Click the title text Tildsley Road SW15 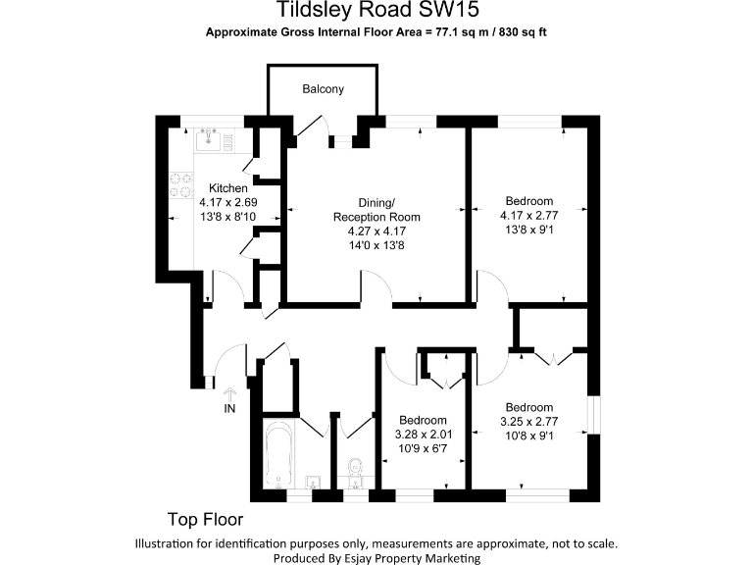[x=377, y=11]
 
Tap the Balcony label [x=323, y=89]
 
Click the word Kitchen [x=227, y=188]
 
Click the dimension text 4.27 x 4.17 [x=376, y=231]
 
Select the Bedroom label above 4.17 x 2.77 [x=528, y=201]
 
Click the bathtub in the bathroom [x=279, y=453]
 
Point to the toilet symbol [x=356, y=469]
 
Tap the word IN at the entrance [x=230, y=408]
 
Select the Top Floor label [x=205, y=519]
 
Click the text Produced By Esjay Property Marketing [x=376, y=557]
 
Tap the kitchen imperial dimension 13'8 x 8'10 [x=227, y=217]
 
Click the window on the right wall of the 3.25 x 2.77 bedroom [x=591, y=413]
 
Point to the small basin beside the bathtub [x=312, y=481]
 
